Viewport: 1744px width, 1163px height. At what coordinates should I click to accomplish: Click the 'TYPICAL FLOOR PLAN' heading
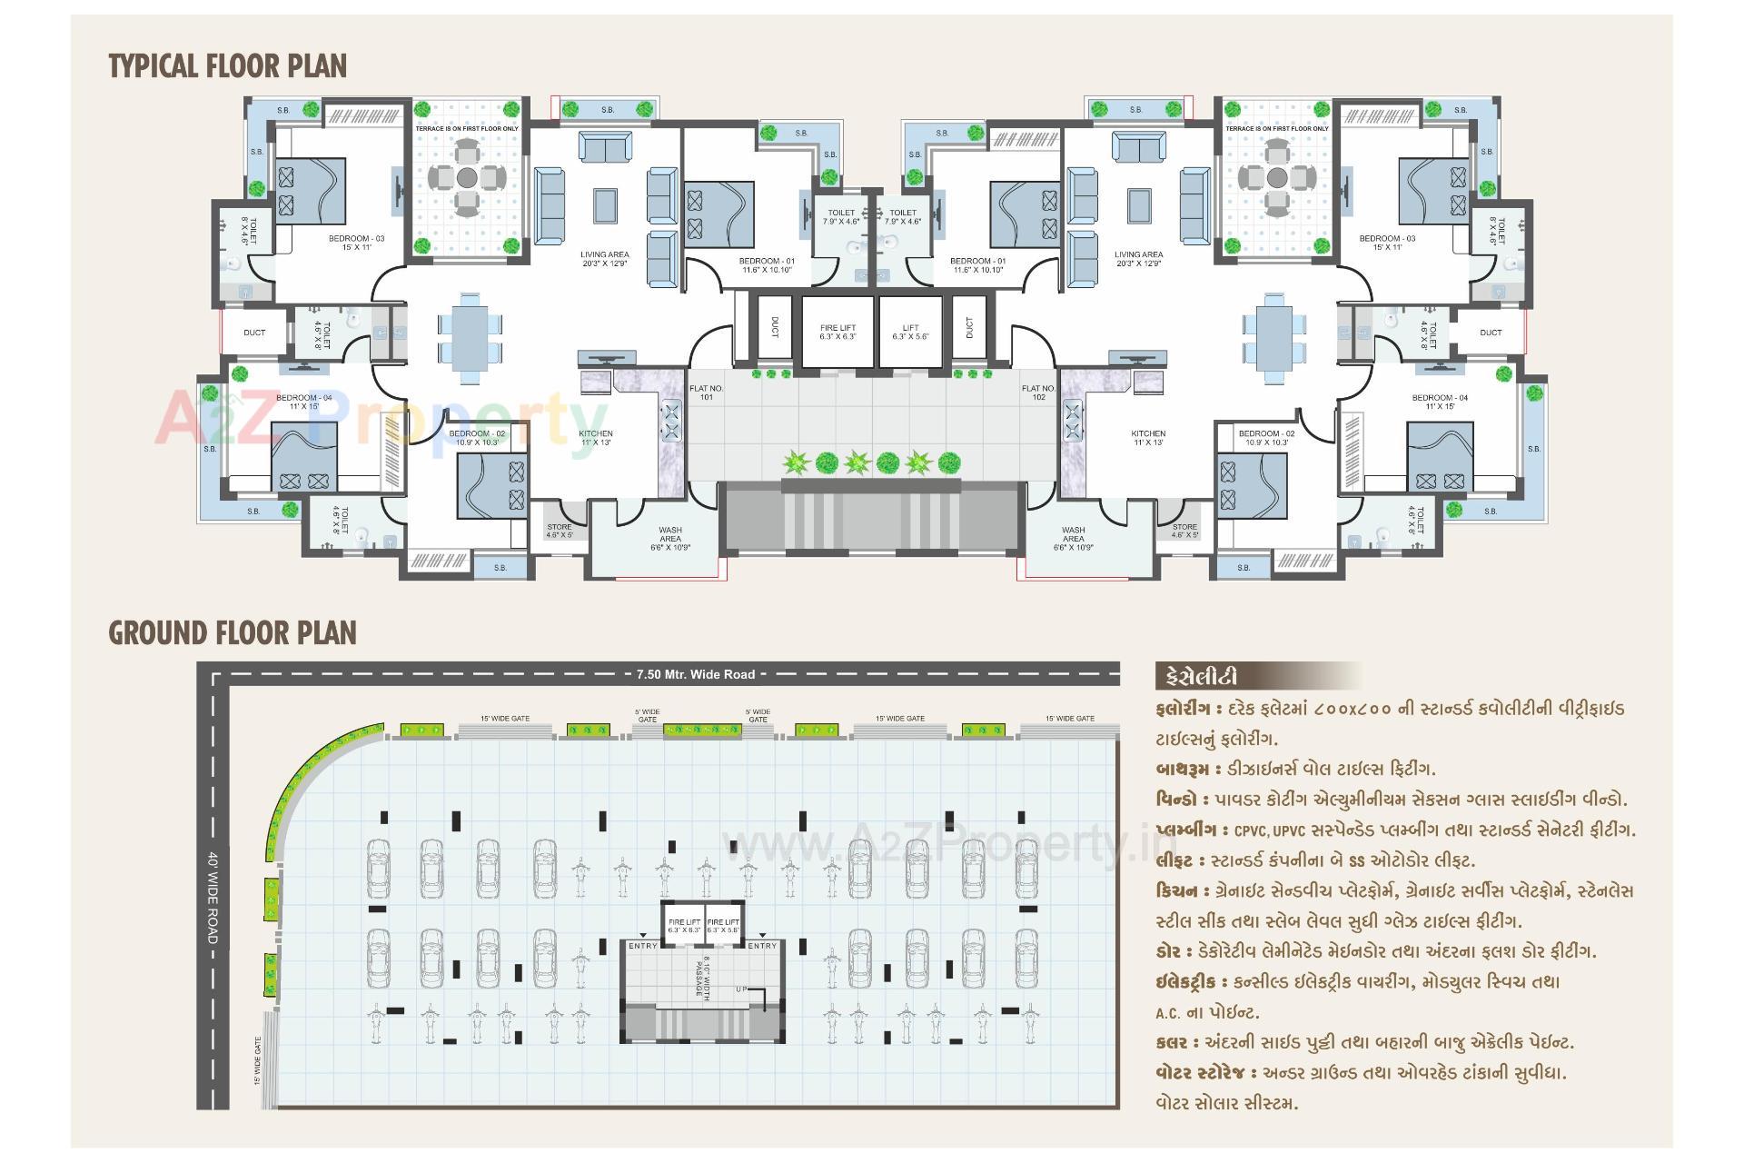[x=227, y=66]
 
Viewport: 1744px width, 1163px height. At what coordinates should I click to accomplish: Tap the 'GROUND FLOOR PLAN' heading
[x=233, y=633]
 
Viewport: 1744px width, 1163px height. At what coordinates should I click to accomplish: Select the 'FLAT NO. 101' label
[x=706, y=393]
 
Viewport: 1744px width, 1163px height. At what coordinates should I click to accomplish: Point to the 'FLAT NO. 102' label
[x=1038, y=393]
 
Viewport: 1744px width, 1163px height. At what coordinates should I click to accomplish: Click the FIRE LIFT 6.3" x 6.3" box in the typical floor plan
[x=837, y=332]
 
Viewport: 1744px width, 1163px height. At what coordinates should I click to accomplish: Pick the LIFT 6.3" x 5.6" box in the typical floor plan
[x=911, y=332]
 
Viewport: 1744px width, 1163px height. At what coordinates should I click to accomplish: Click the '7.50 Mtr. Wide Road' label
[x=696, y=674]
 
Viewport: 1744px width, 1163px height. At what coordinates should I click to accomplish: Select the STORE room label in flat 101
[x=560, y=531]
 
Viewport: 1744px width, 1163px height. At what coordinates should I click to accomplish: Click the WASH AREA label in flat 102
[x=1073, y=538]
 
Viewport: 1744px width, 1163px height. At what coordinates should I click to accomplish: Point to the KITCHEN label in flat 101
[x=596, y=438]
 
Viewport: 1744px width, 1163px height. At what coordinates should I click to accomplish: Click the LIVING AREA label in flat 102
[x=1138, y=259]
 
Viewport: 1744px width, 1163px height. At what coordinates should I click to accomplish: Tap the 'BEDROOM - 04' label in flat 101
[x=303, y=402]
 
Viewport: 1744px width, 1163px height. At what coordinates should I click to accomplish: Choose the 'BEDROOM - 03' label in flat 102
[x=1387, y=243]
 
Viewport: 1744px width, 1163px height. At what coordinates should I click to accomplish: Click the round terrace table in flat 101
[x=467, y=177]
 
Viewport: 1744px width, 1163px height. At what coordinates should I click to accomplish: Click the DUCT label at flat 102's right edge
[x=1491, y=333]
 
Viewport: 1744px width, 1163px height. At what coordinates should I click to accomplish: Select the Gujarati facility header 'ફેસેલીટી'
[x=1196, y=678]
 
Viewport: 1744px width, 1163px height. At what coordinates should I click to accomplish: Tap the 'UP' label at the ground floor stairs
[x=741, y=989]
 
